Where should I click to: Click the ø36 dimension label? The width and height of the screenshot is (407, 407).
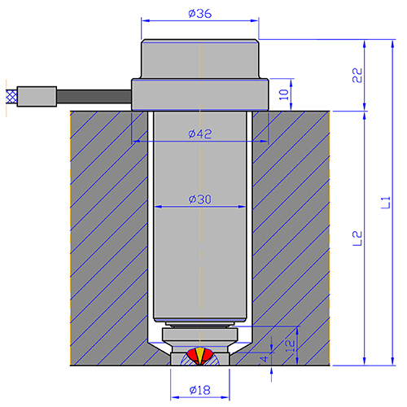pyautogui.click(x=200, y=14)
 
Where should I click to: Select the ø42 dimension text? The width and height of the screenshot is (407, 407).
pyautogui.click(x=200, y=134)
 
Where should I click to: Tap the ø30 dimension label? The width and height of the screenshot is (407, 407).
pyautogui.click(x=200, y=199)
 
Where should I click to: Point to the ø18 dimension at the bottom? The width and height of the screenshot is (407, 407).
pyautogui.click(x=200, y=390)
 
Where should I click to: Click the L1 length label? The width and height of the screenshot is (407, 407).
pyautogui.click(x=386, y=203)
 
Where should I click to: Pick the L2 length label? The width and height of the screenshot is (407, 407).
pyautogui.click(x=357, y=239)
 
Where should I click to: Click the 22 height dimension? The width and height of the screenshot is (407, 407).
pyautogui.click(x=357, y=75)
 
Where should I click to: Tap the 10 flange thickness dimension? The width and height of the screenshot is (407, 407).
pyautogui.click(x=284, y=94)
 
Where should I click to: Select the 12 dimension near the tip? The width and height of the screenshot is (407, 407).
pyautogui.click(x=290, y=346)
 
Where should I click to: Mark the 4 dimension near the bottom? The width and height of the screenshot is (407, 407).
pyautogui.click(x=264, y=359)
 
